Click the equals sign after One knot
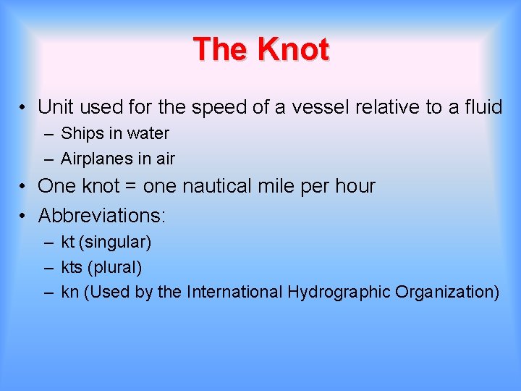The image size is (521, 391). click(x=130, y=187)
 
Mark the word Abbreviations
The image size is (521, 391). click(x=101, y=215)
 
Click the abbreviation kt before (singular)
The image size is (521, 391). click(x=68, y=242)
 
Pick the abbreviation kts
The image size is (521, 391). click(x=72, y=267)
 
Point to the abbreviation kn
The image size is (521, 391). click(x=69, y=293)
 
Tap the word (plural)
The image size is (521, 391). click(x=114, y=267)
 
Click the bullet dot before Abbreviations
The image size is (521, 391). click(x=24, y=215)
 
